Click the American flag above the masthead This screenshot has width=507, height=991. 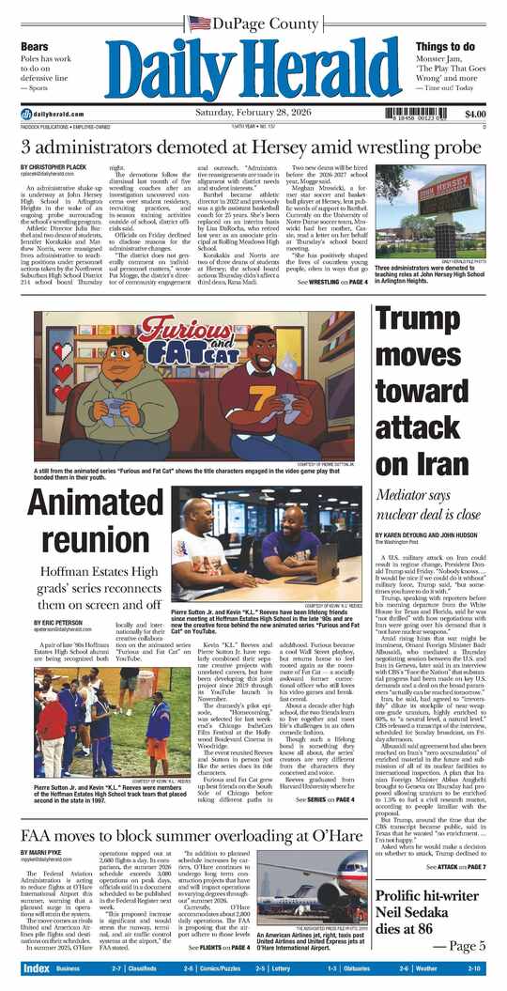click(x=198, y=23)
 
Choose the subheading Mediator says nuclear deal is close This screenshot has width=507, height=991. click(x=429, y=504)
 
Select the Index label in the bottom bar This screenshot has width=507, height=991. click(x=37, y=968)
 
